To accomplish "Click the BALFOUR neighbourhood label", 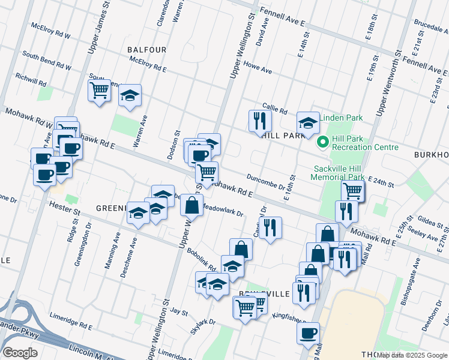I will [146, 49].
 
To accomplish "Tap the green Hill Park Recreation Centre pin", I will [322, 142].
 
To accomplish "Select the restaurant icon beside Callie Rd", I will [260, 121].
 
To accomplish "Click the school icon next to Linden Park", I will [309, 123].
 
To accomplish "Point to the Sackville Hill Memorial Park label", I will [338, 173].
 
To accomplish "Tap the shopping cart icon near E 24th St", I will [352, 190].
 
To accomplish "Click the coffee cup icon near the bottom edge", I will [308, 333].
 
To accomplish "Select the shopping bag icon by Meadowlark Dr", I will [191, 205].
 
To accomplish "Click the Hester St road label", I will [68, 211].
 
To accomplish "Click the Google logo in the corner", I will [20, 353].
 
